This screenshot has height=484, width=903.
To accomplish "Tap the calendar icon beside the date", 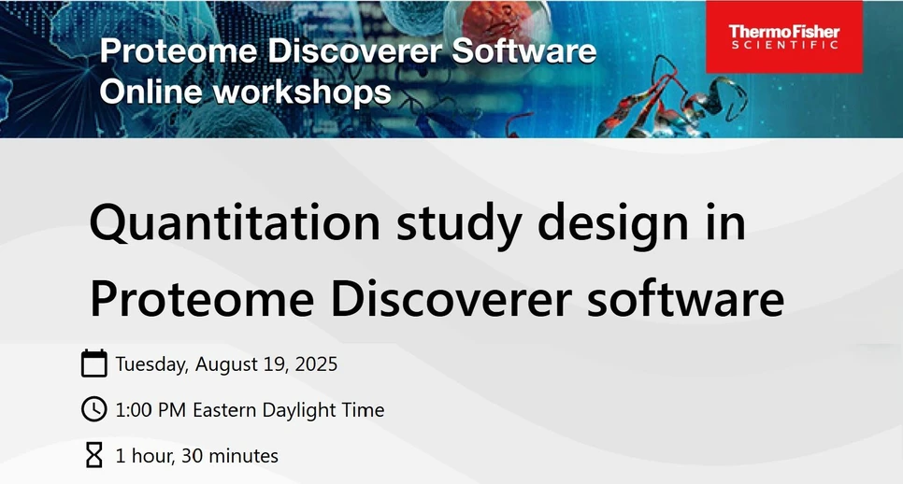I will click(94, 363).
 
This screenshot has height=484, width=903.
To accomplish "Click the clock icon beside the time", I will click(94, 409).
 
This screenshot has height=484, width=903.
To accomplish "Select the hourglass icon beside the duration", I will click(94, 456).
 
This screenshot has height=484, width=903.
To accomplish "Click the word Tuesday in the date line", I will click(150, 363).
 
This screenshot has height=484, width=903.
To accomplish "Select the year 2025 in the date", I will click(315, 363).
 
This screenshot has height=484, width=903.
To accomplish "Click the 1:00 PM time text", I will click(151, 410).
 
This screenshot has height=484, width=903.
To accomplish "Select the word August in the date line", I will click(225, 363).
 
